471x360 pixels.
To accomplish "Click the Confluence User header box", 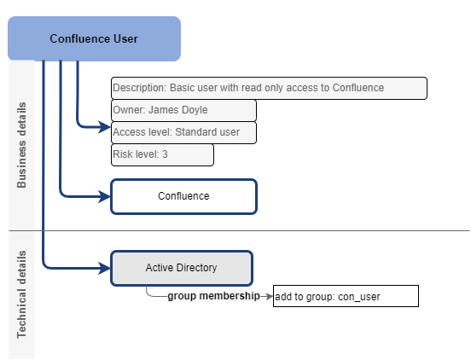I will [x=94, y=38].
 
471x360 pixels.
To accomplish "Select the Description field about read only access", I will [x=269, y=88].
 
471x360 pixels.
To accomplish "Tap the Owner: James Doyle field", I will [x=183, y=110].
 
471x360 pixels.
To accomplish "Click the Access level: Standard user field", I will [x=183, y=132].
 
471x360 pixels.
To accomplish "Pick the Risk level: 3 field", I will [x=162, y=154].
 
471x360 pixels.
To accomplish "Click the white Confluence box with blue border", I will [x=183, y=196].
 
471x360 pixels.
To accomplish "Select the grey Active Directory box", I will [x=182, y=268].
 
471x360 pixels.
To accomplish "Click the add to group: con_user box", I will [x=346, y=297].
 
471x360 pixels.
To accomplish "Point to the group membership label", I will [x=213, y=297].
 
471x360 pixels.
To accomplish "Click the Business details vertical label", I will [x=22, y=145].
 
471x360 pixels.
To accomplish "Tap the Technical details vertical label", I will [x=22, y=294].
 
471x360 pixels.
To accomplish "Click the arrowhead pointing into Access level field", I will [x=106, y=128].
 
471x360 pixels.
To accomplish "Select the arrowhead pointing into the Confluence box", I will [x=105, y=196].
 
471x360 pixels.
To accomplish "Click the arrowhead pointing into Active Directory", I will [x=105, y=268].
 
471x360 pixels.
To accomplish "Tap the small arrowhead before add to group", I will [x=268, y=297].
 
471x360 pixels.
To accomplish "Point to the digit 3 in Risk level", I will [x=166, y=154].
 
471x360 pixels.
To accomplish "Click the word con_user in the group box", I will [x=362, y=297].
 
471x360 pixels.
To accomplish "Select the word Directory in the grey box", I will [x=197, y=268].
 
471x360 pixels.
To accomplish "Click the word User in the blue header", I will [x=125, y=38].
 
